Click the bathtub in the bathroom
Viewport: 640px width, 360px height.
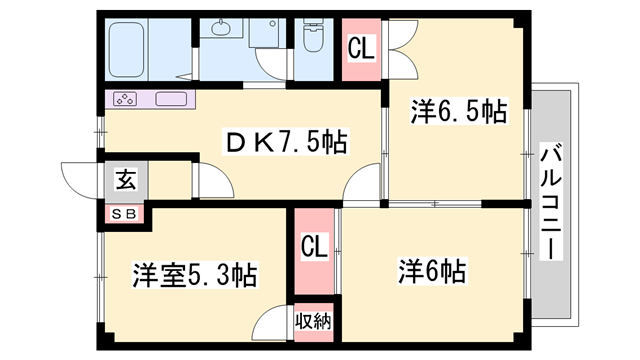tap(127, 50)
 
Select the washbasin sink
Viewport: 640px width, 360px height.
tap(221, 28)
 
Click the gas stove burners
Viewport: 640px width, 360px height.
tap(125, 99)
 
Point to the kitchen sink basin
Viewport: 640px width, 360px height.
tap(171, 99)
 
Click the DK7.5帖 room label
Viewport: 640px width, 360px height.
tap(286, 141)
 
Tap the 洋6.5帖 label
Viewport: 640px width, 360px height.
tap(459, 111)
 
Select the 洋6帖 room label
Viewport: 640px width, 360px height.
tap(432, 271)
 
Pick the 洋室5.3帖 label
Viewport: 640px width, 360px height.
tap(194, 275)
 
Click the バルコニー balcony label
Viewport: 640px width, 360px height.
tap(551, 201)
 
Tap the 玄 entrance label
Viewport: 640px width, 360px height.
tap(125, 180)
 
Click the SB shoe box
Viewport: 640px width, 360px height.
tap(124, 214)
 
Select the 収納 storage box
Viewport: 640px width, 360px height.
tap(313, 322)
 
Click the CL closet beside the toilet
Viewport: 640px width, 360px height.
tap(361, 49)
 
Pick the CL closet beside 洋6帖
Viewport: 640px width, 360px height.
tap(314, 251)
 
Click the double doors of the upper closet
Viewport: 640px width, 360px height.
tap(402, 49)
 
